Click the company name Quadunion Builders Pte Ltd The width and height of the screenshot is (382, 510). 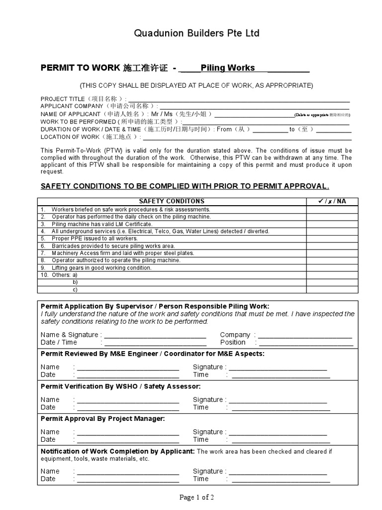click(196, 33)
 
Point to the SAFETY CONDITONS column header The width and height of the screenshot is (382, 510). click(171, 201)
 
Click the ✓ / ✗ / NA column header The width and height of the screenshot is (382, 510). click(329, 201)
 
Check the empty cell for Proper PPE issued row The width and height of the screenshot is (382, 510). click(329, 239)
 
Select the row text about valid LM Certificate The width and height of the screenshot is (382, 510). click(102, 224)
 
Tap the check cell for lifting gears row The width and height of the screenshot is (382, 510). click(329, 268)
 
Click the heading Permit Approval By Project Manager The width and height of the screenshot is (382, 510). click(102, 419)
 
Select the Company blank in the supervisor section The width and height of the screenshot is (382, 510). click(305, 335)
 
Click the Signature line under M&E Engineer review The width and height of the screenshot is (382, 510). click(278, 368)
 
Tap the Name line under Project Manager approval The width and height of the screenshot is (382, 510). click(128, 432)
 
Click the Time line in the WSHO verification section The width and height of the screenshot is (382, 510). click(281, 407)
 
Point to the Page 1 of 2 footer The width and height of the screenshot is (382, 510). click(196, 497)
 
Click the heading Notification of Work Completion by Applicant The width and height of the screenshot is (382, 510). click(117, 451)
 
